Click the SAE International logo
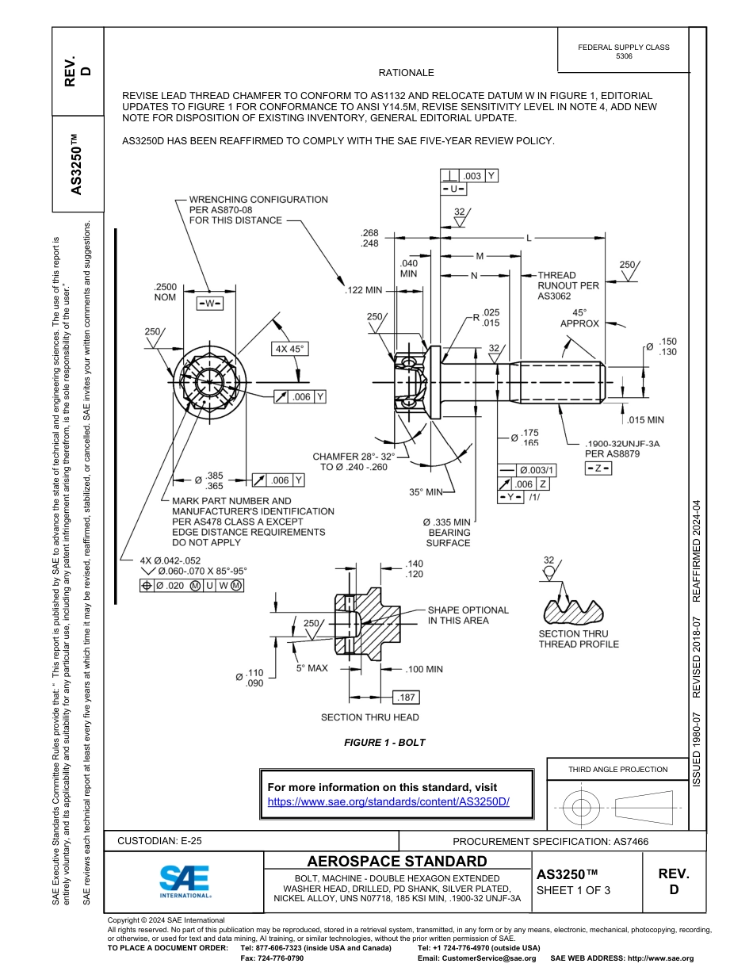pos(184,881)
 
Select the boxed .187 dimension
pos(407,697)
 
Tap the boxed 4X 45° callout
pos(289,349)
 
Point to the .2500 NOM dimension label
pos(165,292)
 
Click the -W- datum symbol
pos(209,304)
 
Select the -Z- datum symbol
pos(598,468)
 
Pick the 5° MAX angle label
pos(312,668)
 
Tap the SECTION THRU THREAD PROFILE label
pos(578,639)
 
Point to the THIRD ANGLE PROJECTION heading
pos(617,769)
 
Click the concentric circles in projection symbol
pos(582,808)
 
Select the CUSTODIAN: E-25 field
pos(165,841)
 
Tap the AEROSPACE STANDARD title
pos(397,862)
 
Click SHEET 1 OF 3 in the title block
pos(573,890)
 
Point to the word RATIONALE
pos(406,73)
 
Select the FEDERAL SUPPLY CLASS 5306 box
pos(623,52)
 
